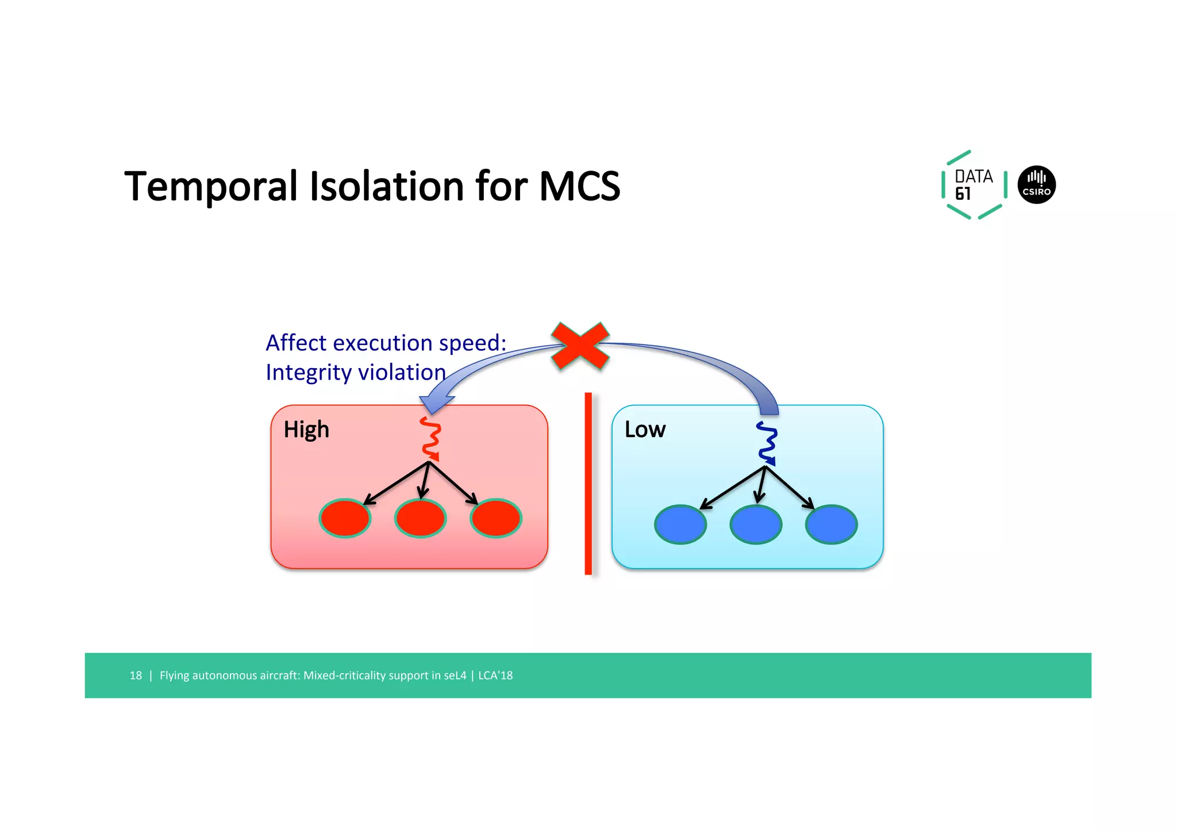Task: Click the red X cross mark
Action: (580, 346)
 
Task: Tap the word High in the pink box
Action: (306, 430)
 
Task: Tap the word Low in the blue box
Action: (645, 430)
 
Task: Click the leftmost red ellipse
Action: (345, 518)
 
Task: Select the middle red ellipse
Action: (420, 518)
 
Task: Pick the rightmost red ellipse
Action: (495, 518)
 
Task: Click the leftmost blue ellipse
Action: (680, 524)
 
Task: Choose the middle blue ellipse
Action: (756, 524)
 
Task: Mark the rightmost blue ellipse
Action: (831, 524)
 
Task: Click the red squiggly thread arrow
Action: (430, 439)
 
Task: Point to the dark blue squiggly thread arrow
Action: (767, 443)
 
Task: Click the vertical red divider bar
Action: (588, 484)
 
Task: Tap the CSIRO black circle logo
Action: (1036, 185)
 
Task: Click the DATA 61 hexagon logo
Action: (974, 185)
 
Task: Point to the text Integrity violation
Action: (356, 373)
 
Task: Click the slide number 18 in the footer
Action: (136, 675)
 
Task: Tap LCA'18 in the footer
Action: (495, 675)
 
